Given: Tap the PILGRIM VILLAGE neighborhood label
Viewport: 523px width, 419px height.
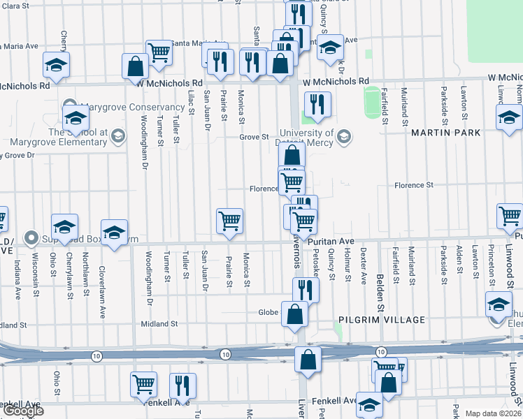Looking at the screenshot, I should [x=382, y=320].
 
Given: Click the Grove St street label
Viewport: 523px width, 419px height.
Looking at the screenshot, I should [x=255, y=137].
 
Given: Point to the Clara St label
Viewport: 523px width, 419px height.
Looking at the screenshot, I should [x=14, y=6].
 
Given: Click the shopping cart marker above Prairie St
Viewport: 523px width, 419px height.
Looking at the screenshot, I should [x=229, y=220].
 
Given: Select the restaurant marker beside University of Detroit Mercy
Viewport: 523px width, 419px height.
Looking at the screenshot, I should [x=317, y=104].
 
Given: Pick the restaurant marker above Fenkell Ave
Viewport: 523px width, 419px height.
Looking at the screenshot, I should [x=182, y=385].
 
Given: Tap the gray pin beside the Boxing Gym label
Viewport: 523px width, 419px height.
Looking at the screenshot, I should [x=31, y=239].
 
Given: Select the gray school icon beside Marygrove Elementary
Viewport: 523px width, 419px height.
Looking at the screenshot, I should [x=117, y=135].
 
